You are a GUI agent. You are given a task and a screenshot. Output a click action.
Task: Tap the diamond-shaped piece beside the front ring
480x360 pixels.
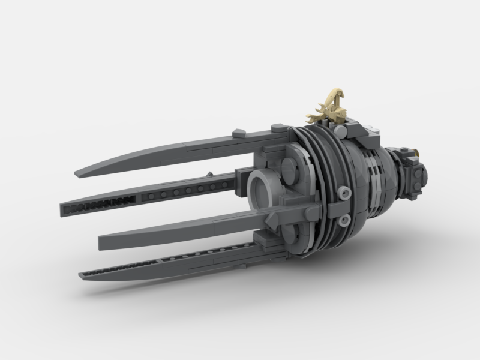click(271, 219)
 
